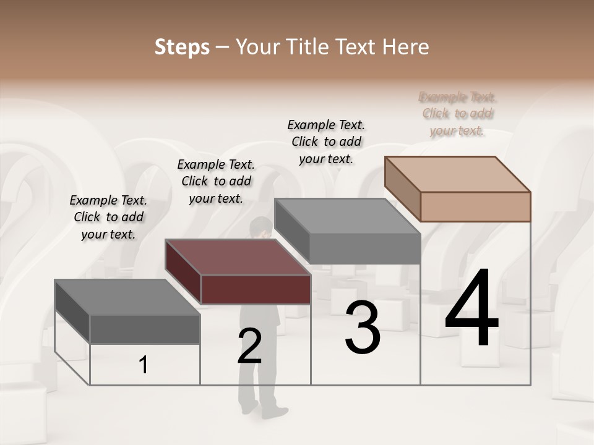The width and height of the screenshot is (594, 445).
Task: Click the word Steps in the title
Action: pyautogui.click(x=182, y=47)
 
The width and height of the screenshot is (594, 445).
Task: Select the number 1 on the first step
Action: pyautogui.click(x=144, y=365)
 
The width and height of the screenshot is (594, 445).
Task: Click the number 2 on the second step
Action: pyautogui.click(x=249, y=346)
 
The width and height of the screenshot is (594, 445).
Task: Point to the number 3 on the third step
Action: pyautogui.click(x=363, y=328)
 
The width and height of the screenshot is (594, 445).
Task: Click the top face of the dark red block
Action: pyautogui.click(x=238, y=257)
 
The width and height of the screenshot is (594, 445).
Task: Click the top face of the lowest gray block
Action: pyautogui.click(x=127, y=297)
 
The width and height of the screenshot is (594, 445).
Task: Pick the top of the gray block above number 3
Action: pyautogui.click(x=348, y=216)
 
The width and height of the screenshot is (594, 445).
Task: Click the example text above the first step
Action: pyautogui.click(x=108, y=217)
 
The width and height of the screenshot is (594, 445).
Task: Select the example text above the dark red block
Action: pyautogui.click(x=216, y=181)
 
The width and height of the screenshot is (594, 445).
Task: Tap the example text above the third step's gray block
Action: pyautogui.click(x=326, y=142)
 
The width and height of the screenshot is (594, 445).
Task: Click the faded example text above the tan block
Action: pyautogui.click(x=458, y=114)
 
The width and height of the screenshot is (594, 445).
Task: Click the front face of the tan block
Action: pyautogui.click(x=475, y=206)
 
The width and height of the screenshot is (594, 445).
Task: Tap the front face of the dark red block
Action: pyautogui.click(x=256, y=289)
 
